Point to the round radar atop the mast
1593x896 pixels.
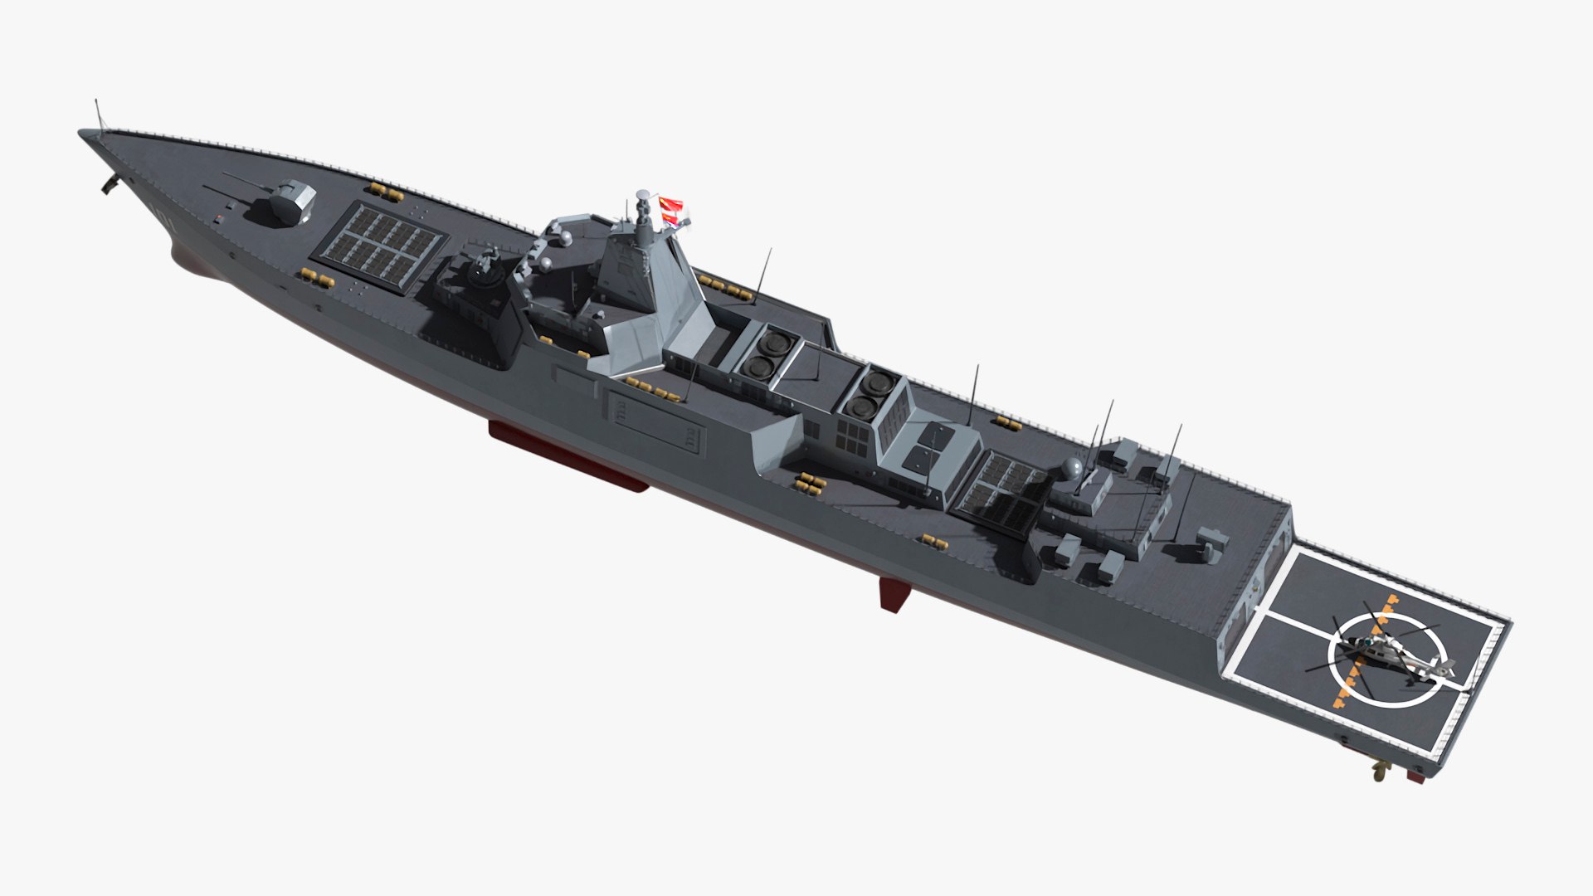point(641,197)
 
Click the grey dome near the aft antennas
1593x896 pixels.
point(1072,469)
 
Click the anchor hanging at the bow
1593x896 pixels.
point(109,185)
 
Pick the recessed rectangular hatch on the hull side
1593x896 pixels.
point(656,423)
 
